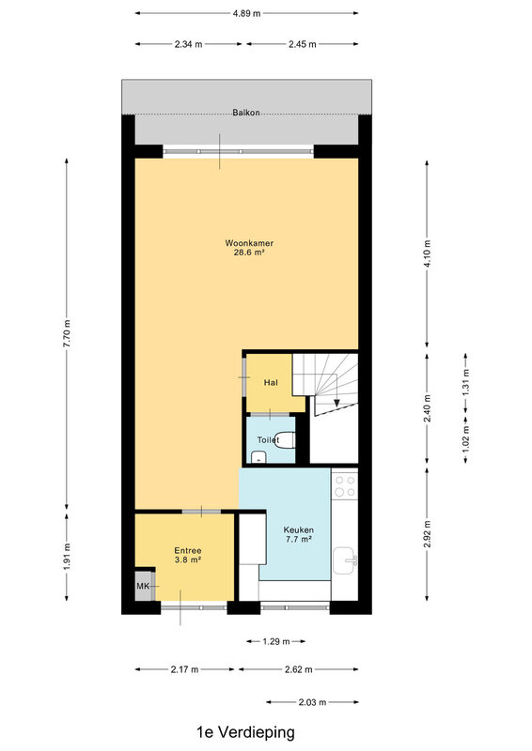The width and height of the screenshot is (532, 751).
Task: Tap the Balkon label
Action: tap(246, 113)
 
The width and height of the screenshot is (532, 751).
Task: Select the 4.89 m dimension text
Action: tap(246, 13)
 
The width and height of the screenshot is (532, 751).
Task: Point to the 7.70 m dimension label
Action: tap(67, 333)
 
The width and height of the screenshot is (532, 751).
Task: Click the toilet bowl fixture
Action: tap(287, 440)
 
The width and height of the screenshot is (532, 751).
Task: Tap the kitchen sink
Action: tap(345, 559)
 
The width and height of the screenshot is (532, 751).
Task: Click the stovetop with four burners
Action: tap(345, 485)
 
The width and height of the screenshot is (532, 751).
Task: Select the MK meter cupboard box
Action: tap(144, 586)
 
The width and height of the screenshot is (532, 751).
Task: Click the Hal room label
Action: tap(271, 383)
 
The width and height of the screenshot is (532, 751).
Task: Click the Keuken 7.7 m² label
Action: tap(298, 534)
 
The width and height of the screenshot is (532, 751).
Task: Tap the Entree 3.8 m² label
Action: tap(188, 555)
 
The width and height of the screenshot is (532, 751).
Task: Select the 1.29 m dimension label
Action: tap(275, 641)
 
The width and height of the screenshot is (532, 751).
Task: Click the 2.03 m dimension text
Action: tap(312, 702)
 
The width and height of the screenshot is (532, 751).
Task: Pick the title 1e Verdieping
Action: tap(245, 732)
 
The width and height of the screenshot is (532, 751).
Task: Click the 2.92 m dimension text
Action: tap(427, 533)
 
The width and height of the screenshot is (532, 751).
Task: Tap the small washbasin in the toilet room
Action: tap(259, 456)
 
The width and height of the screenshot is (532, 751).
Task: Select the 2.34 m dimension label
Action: tap(188, 44)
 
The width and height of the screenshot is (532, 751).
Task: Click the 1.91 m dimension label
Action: tap(67, 557)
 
